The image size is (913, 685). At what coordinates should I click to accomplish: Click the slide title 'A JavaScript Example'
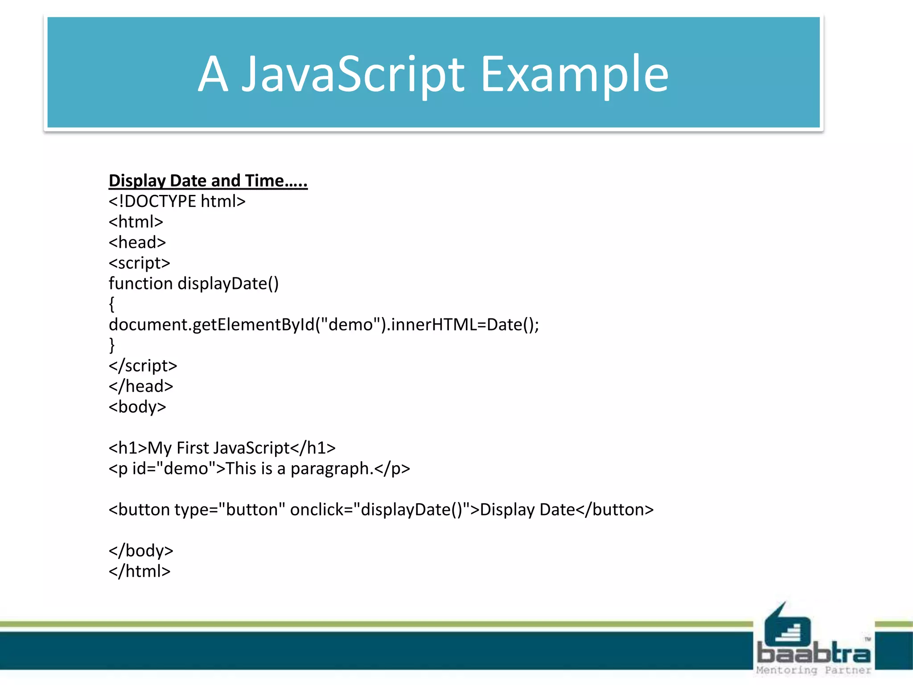coord(433,74)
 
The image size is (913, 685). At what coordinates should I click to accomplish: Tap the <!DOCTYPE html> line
coord(177,201)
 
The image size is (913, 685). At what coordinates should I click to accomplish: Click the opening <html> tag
coord(136,222)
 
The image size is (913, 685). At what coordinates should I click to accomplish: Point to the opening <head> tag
coord(137,242)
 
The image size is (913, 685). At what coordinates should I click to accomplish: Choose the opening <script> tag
coord(139,263)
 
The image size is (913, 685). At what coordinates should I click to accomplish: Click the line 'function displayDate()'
coord(193,284)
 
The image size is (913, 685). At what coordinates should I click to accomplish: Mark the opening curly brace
coord(111,304)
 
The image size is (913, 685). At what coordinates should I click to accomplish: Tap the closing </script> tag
coord(143,366)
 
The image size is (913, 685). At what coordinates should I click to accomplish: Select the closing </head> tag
coord(141,386)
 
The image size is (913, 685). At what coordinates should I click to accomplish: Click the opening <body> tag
coord(137,407)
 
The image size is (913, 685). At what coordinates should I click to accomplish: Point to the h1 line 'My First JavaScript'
coord(222,448)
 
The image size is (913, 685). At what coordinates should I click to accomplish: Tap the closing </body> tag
coord(141,551)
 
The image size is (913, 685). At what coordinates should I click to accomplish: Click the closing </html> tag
coord(140,571)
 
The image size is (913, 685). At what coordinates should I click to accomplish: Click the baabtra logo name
coord(814,653)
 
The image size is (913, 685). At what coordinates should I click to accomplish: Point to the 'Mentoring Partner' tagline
coord(814,670)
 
